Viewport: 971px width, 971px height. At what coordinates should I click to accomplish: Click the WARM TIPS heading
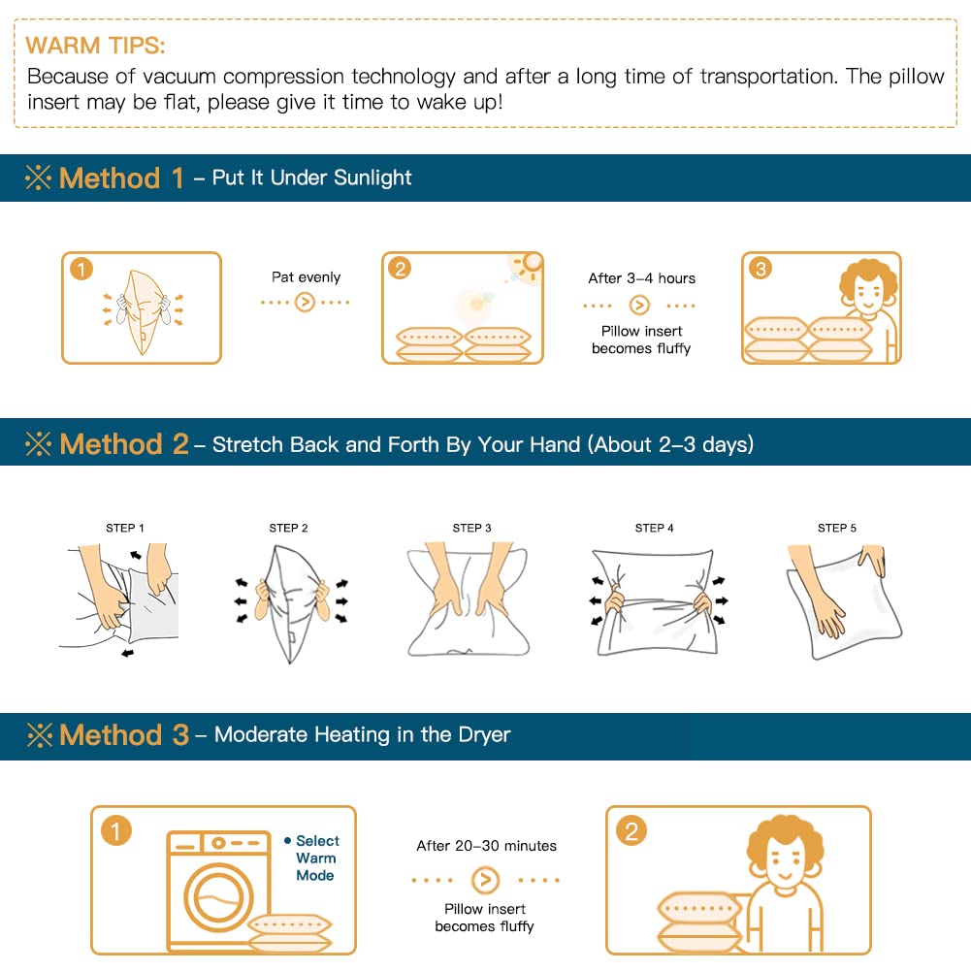(x=95, y=46)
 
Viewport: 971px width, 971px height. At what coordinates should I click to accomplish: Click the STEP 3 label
(x=471, y=528)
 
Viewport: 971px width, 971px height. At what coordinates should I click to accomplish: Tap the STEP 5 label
(x=836, y=528)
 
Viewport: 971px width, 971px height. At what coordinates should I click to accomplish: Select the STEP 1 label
(x=125, y=528)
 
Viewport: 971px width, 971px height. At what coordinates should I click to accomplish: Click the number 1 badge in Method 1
(x=81, y=269)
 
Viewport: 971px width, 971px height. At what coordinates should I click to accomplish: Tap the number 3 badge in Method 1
(x=761, y=269)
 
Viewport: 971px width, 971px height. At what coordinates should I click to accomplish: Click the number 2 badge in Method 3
(x=631, y=831)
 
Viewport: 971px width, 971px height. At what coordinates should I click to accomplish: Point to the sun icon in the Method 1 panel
(x=529, y=267)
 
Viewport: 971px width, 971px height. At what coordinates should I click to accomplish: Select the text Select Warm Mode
(x=312, y=858)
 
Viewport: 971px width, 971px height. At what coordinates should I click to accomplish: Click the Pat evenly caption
(x=306, y=276)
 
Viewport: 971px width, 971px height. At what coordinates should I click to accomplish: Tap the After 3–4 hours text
(x=641, y=278)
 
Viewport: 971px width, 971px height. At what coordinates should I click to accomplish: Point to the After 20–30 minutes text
(x=486, y=845)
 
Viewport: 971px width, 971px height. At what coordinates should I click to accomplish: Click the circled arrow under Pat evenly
(x=305, y=303)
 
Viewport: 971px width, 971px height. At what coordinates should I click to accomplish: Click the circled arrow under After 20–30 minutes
(x=485, y=880)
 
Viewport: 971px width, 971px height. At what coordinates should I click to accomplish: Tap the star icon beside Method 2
(x=39, y=443)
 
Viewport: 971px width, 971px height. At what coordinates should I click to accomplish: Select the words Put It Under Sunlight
(x=311, y=178)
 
